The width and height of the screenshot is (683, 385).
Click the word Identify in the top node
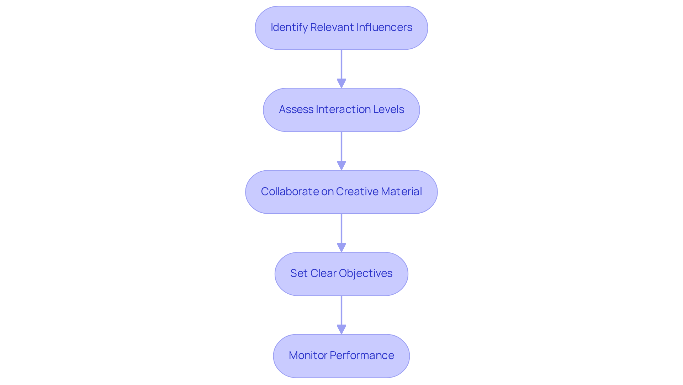(288, 27)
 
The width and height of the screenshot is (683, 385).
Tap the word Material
(401, 192)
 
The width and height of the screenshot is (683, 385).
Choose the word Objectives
(366, 273)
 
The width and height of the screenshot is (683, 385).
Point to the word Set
(298, 273)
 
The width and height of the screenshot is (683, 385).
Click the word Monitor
(308, 355)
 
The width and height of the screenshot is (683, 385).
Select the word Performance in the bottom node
(362, 355)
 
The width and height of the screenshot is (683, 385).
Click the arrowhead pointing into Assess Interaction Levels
(341, 84)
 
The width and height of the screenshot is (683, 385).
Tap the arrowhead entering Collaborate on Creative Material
(341, 166)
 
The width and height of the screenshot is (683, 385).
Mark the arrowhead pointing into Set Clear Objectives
(341, 248)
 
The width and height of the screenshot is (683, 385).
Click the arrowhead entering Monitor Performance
(341, 330)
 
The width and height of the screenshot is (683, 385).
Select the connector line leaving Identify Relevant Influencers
(341, 64)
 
